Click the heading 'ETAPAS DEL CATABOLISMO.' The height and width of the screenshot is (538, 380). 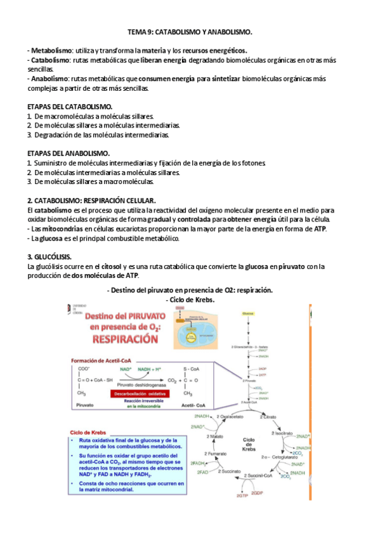[x=70, y=107]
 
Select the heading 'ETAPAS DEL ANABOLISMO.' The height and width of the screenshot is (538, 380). [x=68, y=154]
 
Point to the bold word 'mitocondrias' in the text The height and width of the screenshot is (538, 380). [x=60, y=228]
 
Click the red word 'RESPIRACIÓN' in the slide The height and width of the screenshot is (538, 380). [x=126, y=339]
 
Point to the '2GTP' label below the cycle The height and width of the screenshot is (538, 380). [x=242, y=495]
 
